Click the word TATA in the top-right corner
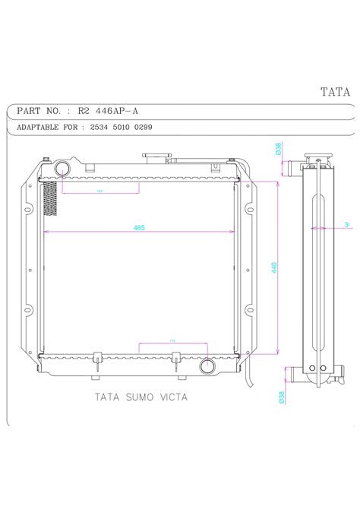click(334, 93)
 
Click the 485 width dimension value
click(139, 226)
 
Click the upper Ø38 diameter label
click(279, 150)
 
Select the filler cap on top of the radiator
click(156, 157)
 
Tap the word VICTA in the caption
click(172, 396)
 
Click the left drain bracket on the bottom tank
click(97, 362)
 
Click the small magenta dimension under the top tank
click(100, 191)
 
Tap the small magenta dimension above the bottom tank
click(172, 341)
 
